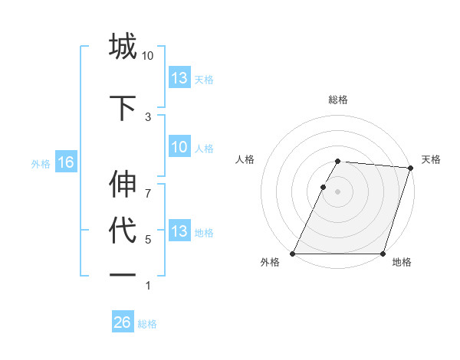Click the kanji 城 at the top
click(123, 47)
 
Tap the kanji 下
click(123, 107)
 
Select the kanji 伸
click(123, 185)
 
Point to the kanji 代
click(123, 231)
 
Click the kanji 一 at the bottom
click(123, 276)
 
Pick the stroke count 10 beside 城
click(148, 56)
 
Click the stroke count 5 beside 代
click(148, 239)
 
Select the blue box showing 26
click(123, 322)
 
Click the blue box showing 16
click(65, 162)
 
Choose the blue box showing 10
click(179, 148)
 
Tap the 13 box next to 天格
click(179, 78)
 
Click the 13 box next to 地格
click(179, 231)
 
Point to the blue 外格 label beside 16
click(41, 163)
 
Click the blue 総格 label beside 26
click(147, 324)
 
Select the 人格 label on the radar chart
click(245, 159)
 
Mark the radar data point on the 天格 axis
click(411, 168)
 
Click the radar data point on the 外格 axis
click(293, 254)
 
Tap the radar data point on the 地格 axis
click(383, 254)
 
